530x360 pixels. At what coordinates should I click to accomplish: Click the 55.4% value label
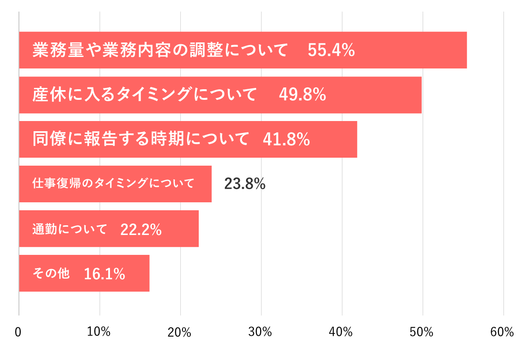tap(331, 50)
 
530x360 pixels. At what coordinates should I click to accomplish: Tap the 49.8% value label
tap(303, 95)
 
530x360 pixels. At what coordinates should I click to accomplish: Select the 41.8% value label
tap(286, 140)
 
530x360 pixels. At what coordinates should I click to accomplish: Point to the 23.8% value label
tap(245, 184)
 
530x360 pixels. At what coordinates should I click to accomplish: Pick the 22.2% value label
tap(141, 229)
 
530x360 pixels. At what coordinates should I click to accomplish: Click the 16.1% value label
tap(104, 274)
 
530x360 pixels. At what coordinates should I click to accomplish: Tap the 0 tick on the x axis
tap(18, 333)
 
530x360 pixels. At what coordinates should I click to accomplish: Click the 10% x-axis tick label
tap(99, 332)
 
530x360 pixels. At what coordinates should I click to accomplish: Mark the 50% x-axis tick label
tap(422, 332)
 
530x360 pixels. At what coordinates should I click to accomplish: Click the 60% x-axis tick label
tap(503, 332)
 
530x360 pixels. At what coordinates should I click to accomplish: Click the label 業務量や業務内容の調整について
tap(160, 50)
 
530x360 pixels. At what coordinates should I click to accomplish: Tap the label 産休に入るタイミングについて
tap(144, 95)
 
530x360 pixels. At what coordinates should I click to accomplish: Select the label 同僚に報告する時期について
tap(141, 140)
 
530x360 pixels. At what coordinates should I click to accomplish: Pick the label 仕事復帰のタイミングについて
tap(114, 184)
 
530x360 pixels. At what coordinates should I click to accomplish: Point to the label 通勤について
tap(70, 229)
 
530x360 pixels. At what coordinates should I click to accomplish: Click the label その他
tap(51, 274)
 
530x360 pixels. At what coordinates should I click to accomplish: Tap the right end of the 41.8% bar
tap(356, 140)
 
